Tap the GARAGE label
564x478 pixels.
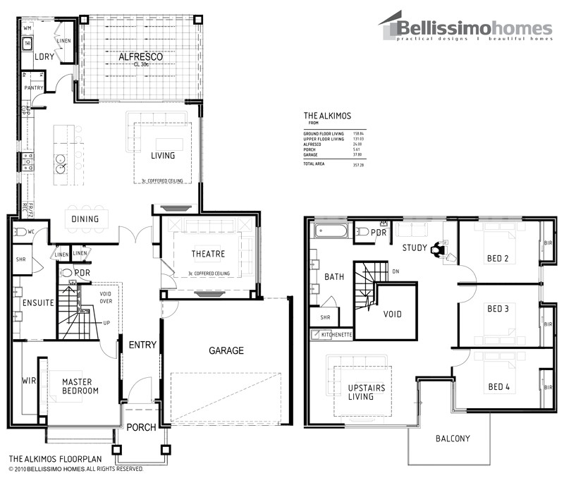[x=226, y=350]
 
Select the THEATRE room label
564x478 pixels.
[x=208, y=254]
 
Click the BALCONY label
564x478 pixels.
[x=452, y=439]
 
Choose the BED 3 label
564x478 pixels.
[x=498, y=309]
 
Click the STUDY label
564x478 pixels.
[x=415, y=247]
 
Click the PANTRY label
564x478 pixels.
[x=34, y=88]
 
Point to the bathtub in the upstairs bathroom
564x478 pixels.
[x=331, y=231]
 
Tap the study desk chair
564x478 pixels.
[x=439, y=248]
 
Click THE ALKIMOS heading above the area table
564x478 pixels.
[x=327, y=115]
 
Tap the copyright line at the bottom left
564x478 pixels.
[x=76, y=468]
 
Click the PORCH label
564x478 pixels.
[x=141, y=427]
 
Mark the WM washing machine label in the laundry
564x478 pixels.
[x=27, y=27]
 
